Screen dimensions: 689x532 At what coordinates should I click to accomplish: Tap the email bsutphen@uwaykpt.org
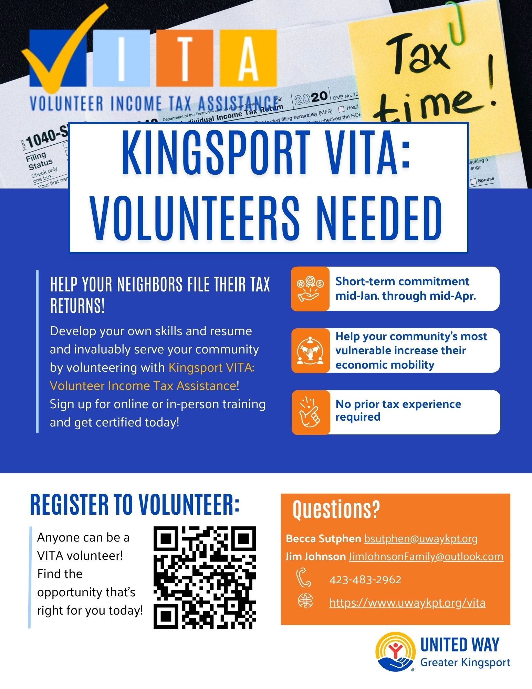click(x=420, y=539)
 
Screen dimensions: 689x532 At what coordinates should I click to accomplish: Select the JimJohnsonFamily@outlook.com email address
click(x=426, y=557)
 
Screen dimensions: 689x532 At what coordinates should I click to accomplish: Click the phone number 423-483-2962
click(x=365, y=580)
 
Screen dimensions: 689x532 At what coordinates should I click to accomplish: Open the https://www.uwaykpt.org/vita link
click(x=407, y=603)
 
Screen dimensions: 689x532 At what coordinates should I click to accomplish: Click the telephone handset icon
click(x=304, y=578)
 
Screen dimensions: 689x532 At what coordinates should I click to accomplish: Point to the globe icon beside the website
click(x=305, y=602)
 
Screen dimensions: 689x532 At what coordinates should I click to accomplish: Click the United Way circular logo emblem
click(x=395, y=652)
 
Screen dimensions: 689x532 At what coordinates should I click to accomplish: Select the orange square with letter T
click(x=185, y=58)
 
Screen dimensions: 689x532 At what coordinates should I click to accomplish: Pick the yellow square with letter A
click(x=248, y=58)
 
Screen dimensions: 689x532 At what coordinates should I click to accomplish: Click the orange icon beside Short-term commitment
click(x=310, y=289)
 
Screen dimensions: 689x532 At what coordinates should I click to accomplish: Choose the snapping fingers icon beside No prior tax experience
click(x=311, y=412)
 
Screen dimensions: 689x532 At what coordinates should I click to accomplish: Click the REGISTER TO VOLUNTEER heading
click(x=135, y=505)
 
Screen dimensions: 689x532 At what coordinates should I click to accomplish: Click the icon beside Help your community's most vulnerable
click(x=310, y=351)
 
